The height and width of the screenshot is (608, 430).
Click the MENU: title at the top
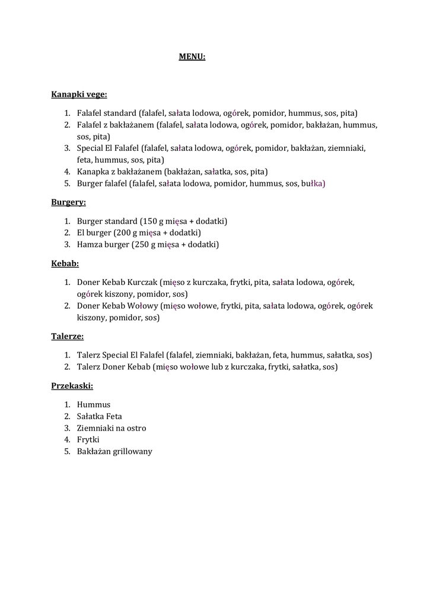(192, 57)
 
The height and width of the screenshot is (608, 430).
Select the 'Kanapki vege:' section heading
(79, 94)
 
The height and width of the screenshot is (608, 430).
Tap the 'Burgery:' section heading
(68, 202)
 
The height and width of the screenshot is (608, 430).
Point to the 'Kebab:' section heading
(65, 263)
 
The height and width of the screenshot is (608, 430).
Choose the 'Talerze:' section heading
(67, 336)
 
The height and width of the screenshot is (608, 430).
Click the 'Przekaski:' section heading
(72, 385)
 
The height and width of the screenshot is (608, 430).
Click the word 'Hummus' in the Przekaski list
(94, 404)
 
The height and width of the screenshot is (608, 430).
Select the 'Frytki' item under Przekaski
(88, 439)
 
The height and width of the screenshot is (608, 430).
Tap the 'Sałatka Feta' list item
(100, 416)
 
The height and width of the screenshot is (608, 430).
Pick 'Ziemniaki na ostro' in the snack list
(112, 428)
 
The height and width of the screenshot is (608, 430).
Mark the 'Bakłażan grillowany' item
(114, 451)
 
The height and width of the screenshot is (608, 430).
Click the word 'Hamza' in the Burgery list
(89, 245)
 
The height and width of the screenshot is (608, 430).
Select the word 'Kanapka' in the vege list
(93, 172)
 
